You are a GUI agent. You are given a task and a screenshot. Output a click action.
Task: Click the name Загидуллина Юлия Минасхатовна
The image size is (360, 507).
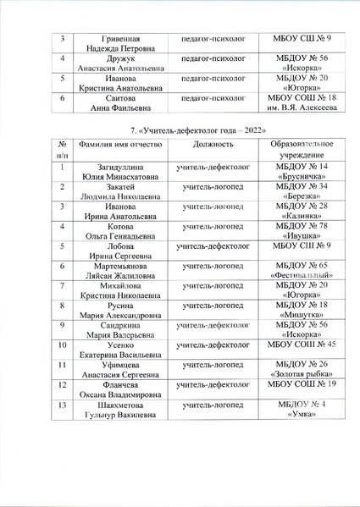click(121, 173)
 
